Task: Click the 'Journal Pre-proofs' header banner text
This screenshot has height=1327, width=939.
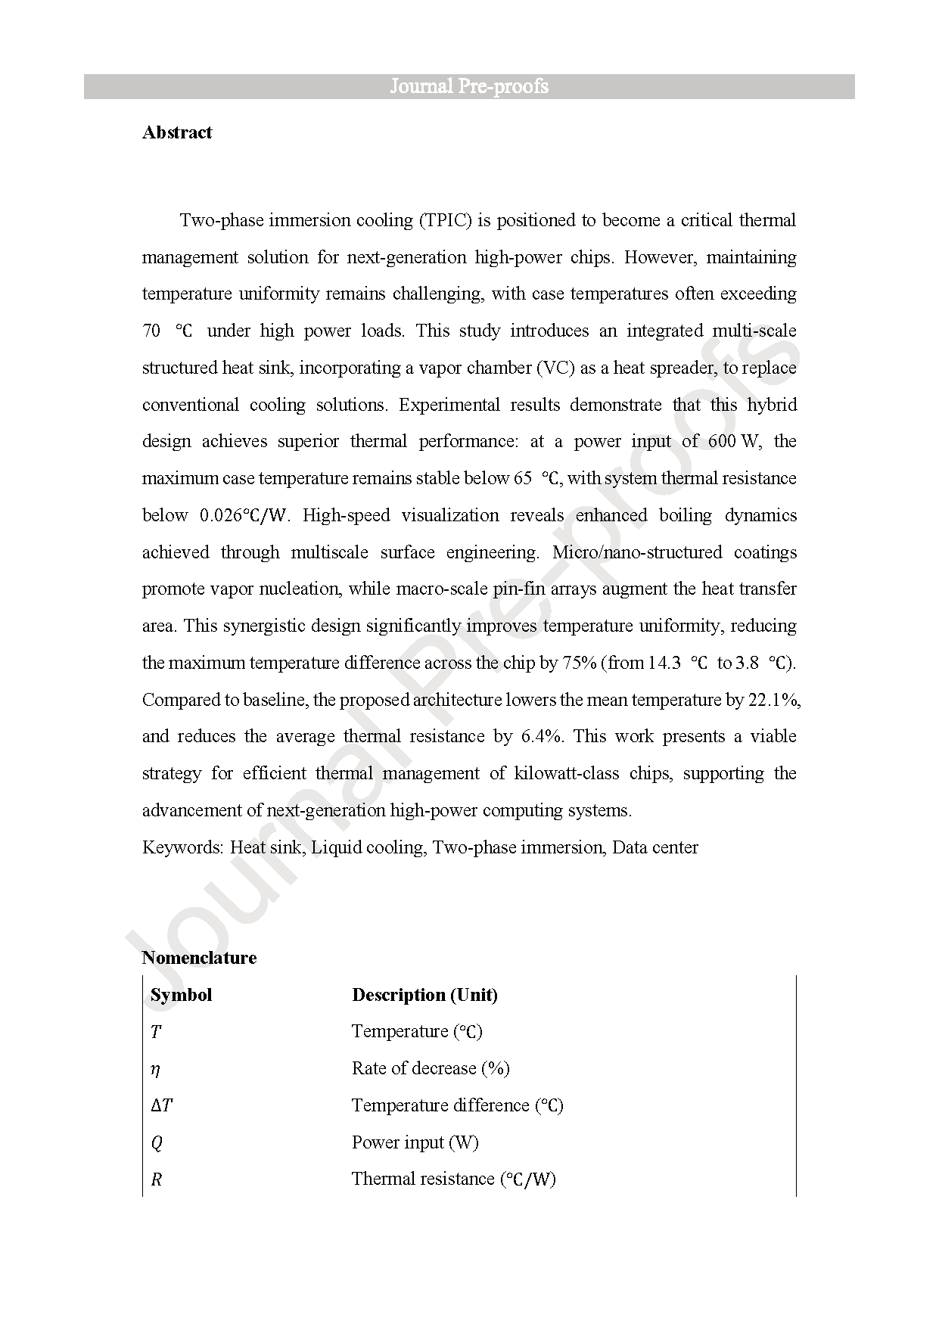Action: (469, 86)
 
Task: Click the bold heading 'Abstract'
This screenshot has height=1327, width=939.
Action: (177, 132)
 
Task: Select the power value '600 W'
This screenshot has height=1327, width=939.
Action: (735, 441)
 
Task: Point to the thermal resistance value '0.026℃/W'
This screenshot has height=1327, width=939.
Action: (244, 515)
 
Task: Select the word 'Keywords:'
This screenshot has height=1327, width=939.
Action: (183, 847)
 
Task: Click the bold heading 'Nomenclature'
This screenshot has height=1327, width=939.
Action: (199, 958)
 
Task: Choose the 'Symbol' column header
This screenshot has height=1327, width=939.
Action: (181, 995)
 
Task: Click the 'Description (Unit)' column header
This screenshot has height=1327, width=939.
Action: (424, 995)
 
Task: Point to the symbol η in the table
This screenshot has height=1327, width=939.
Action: (155, 1069)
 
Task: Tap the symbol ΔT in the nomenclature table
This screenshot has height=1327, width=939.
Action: (161, 1105)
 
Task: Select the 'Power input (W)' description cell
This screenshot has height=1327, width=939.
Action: (415, 1142)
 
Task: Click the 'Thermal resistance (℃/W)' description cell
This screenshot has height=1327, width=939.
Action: (453, 1179)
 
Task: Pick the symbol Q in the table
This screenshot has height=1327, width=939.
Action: (157, 1142)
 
